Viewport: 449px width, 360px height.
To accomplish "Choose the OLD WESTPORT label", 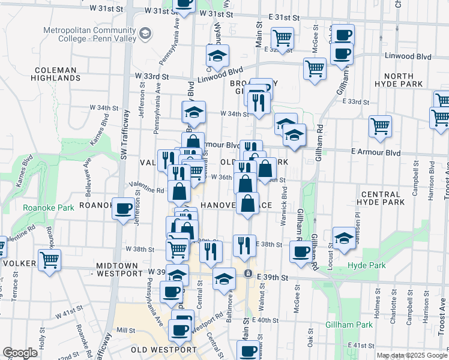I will pos(164,350).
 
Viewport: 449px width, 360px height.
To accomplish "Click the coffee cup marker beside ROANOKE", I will pos(124,209).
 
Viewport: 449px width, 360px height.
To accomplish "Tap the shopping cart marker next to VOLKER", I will pos(50,261).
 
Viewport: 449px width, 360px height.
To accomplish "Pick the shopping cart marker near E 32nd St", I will pos(282,38).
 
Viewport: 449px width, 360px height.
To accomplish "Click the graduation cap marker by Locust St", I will pos(343,238).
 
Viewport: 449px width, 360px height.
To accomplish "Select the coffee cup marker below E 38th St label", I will pos(301,252).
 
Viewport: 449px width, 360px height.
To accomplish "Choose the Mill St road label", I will pos(126,331).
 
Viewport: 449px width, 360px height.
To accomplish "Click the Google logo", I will pos(20,353).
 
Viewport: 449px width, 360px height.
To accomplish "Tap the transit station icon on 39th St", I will pos(247,274).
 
